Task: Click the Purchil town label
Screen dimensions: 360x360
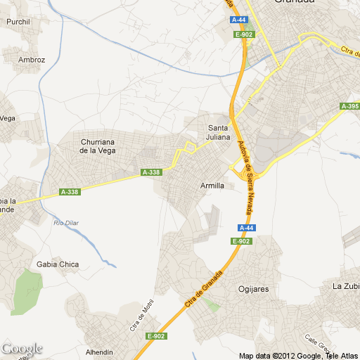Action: tap(18, 22)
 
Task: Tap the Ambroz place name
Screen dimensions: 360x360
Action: tap(31, 60)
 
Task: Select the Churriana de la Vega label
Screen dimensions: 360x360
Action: tap(97, 146)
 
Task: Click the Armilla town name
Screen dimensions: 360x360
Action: tap(212, 186)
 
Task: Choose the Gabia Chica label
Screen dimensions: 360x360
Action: tap(58, 264)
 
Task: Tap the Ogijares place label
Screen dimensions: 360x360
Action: tap(255, 288)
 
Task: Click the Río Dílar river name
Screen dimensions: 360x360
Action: tap(67, 223)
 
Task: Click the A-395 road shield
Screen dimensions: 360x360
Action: tap(349, 106)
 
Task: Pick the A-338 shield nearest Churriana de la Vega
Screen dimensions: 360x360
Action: tap(151, 172)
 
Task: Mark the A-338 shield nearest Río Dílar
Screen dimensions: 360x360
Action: tap(69, 192)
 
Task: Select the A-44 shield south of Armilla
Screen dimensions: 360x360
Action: tap(245, 228)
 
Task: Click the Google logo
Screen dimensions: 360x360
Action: tap(22, 348)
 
